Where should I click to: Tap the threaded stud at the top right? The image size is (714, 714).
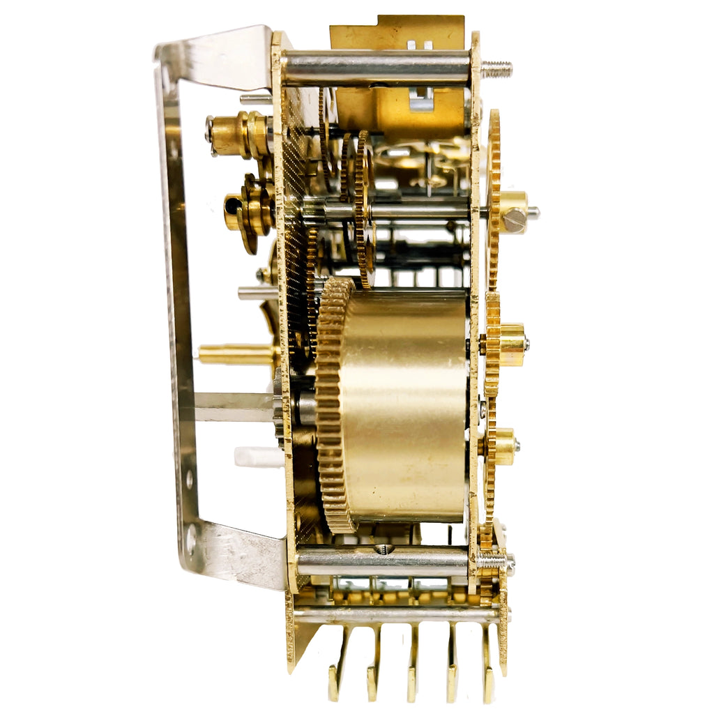[x=496, y=69]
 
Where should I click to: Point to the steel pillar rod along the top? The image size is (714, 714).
[x=377, y=68]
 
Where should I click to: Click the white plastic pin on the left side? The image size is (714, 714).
[x=259, y=457]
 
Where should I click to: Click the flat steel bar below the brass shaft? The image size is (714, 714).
[x=234, y=407]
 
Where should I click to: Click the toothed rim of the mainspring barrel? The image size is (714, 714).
[x=334, y=404]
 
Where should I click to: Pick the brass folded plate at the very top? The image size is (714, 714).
[x=397, y=31]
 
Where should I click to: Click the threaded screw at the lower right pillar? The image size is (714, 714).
[x=496, y=561]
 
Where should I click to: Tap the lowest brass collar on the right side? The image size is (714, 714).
[x=503, y=446]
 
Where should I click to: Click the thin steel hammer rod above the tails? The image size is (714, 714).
[x=397, y=615]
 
